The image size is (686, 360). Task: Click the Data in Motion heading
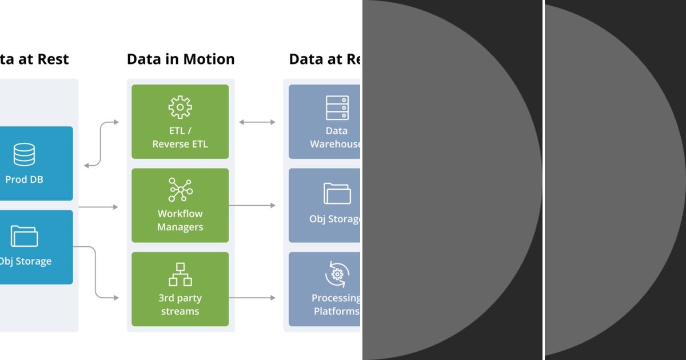(x=181, y=59)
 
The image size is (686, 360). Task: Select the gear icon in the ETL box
(x=180, y=107)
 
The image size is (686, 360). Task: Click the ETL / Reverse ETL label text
(x=180, y=138)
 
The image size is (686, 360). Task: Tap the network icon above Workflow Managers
(x=180, y=190)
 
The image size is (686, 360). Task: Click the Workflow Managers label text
(x=180, y=221)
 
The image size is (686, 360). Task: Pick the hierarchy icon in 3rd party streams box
(x=180, y=274)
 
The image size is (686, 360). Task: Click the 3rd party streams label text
(x=180, y=305)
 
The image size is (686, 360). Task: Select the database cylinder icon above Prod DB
(x=24, y=154)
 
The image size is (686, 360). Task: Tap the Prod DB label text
(x=24, y=179)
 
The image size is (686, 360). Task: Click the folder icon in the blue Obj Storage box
(x=24, y=236)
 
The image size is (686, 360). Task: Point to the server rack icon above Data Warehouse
(x=337, y=107)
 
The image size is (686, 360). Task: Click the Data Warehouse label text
(x=336, y=138)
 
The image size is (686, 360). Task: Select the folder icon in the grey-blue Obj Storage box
(x=337, y=193)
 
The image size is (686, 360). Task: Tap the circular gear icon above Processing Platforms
(x=337, y=274)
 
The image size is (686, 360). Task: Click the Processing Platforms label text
(x=336, y=305)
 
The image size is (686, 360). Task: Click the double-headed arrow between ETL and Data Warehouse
(x=257, y=122)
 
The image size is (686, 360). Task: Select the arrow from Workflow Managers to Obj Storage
(x=252, y=205)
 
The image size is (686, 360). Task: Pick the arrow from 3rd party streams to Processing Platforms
(x=252, y=298)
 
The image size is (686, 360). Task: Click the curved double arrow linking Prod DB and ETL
(x=101, y=144)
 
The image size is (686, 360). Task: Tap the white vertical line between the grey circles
(x=543, y=180)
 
